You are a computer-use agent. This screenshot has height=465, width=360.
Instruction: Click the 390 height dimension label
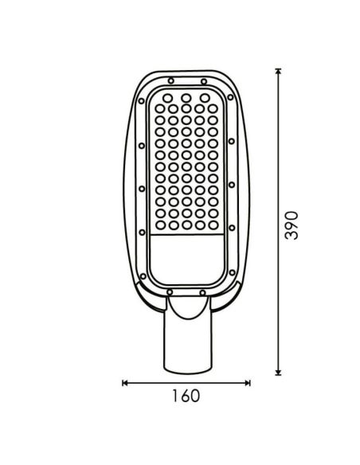click(292, 226)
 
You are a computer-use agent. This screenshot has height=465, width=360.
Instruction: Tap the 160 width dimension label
click(185, 396)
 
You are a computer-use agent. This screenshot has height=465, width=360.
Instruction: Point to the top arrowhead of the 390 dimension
click(278, 72)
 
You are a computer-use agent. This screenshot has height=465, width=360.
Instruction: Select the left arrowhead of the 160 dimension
click(125, 383)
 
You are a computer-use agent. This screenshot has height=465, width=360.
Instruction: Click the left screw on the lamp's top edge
click(170, 80)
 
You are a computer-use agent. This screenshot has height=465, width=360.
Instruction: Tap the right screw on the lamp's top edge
click(204, 80)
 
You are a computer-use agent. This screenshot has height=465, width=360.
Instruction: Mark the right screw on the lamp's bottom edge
click(203, 292)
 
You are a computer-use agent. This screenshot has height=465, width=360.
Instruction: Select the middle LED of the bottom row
click(186, 225)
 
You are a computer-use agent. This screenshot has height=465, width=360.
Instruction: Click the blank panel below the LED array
click(186, 259)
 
